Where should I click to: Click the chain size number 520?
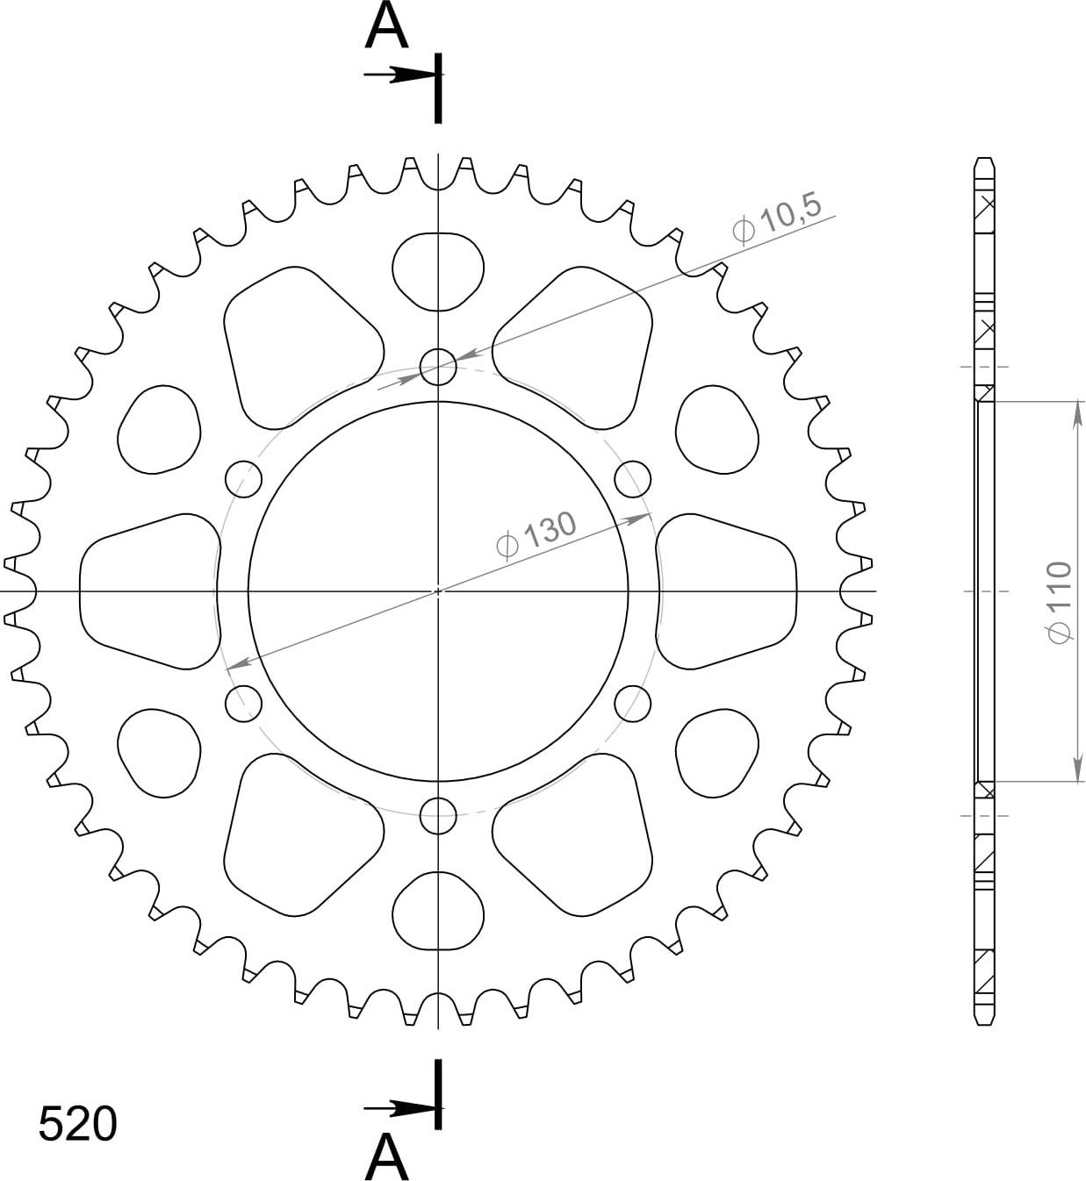[78, 1125]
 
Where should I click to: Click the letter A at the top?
[386, 26]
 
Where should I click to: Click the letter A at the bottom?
[386, 1156]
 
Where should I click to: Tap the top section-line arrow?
[403, 75]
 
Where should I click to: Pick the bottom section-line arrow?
[403, 1109]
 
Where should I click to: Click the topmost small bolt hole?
[438, 367]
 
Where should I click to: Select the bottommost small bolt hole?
[438, 816]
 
